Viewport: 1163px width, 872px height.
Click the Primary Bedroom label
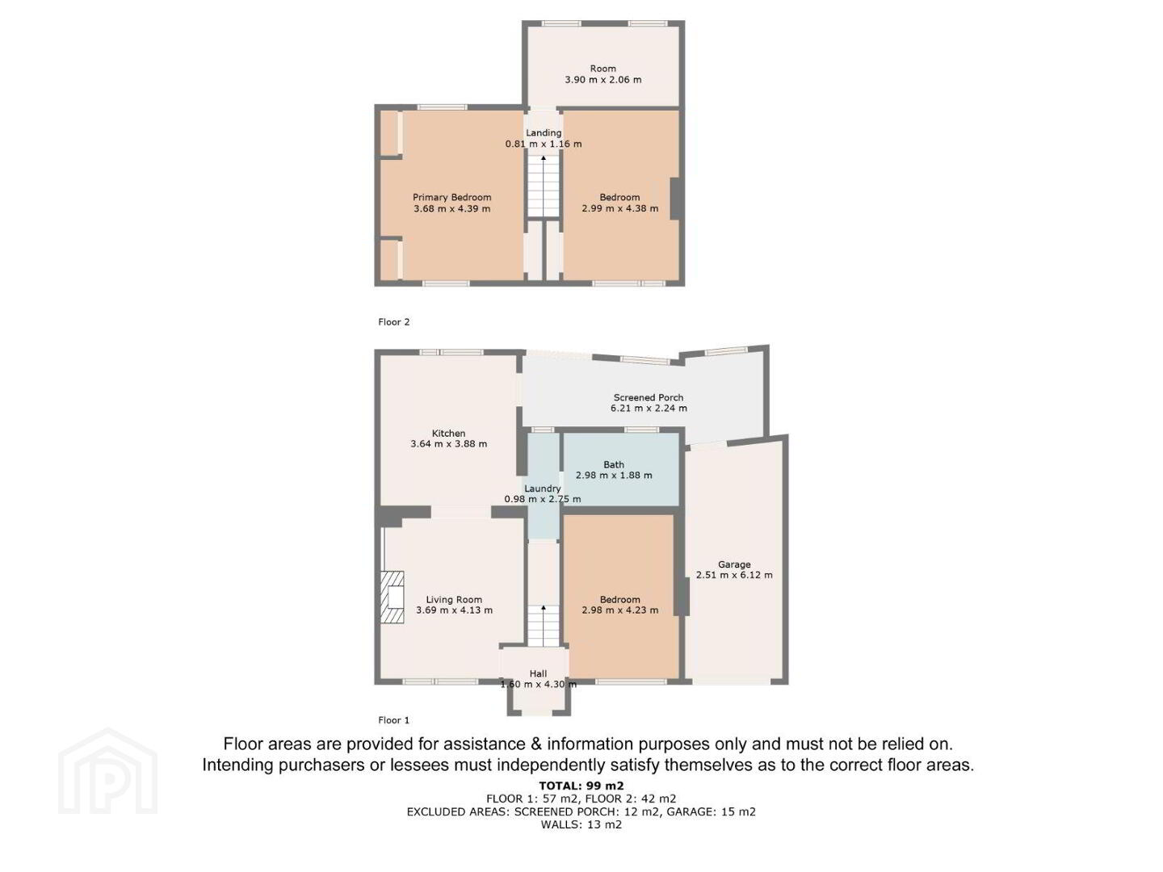(452, 197)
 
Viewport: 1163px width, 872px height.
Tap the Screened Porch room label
(648, 397)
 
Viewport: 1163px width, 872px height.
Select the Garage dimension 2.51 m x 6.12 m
(734, 575)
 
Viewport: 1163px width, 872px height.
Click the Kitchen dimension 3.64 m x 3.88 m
(448, 444)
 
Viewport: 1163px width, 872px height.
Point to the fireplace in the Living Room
(392, 597)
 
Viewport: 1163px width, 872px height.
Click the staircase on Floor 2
(543, 186)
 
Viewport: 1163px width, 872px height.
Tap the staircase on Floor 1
(543, 626)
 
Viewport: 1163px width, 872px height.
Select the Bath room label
(614, 464)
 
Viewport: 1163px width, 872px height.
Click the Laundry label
(542, 488)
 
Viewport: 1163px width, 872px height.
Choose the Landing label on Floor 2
(543, 132)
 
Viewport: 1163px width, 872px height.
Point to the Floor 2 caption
(393, 322)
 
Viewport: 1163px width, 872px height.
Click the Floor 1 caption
(393, 720)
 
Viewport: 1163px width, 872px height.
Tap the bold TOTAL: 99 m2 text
(581, 786)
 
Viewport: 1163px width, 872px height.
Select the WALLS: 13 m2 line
(581, 824)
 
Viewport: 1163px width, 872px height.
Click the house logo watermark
(107, 771)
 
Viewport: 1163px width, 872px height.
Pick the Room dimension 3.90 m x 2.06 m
(603, 80)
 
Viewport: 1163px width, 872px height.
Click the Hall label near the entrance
(539, 673)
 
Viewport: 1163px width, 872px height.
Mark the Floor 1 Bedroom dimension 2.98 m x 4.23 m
(620, 610)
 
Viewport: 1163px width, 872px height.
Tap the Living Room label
(454, 599)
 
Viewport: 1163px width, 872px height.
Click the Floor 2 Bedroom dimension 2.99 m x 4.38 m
(620, 208)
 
